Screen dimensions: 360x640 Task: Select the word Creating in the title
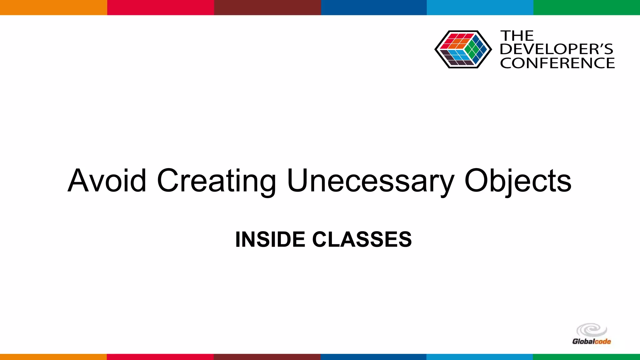(x=216, y=181)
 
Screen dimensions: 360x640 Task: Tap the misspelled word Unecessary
(x=370, y=181)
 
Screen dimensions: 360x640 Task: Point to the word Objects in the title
(x=518, y=181)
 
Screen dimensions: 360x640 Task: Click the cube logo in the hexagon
(x=463, y=49)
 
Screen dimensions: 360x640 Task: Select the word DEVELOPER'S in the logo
(x=557, y=49)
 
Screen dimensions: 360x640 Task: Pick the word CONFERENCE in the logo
(x=557, y=63)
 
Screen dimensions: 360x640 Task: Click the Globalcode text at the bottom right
(x=591, y=341)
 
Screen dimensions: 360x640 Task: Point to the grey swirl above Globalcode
(x=591, y=330)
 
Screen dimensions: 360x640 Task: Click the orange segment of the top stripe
(x=53, y=7)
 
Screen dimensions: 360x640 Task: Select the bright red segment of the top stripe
(x=160, y=7)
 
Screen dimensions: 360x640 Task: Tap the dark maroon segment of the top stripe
(x=267, y=7)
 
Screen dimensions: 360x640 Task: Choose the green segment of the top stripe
(x=587, y=7)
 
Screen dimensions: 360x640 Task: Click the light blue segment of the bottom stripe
(x=479, y=357)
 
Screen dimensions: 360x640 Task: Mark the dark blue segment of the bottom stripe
(x=373, y=357)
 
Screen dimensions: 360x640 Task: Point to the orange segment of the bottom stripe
(x=53, y=357)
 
